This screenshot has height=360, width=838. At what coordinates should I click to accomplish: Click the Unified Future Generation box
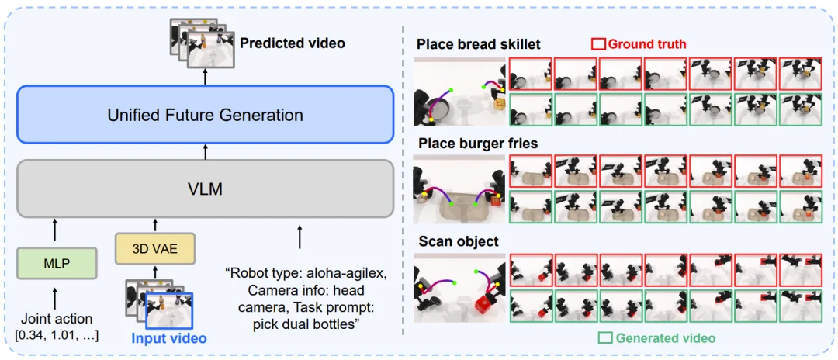click(x=205, y=114)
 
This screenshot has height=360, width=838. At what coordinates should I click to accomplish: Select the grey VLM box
click(x=205, y=189)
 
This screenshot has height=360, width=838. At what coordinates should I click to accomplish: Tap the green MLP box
click(x=57, y=263)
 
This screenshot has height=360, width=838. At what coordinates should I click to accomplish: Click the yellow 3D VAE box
click(x=155, y=248)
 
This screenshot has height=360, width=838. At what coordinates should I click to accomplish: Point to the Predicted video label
click(x=293, y=42)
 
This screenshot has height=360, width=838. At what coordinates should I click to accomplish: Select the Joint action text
click(x=57, y=320)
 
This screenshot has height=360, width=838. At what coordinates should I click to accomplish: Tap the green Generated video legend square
click(x=605, y=337)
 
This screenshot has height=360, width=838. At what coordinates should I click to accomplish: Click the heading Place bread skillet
click(x=479, y=43)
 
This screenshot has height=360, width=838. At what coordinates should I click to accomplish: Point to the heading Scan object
click(x=458, y=241)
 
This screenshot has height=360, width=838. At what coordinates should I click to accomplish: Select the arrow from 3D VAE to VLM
click(x=155, y=225)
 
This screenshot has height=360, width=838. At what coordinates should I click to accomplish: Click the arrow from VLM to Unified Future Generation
click(x=205, y=152)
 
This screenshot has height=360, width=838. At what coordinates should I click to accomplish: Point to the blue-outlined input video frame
click(x=169, y=310)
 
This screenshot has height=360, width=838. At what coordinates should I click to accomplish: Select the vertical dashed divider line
click(x=403, y=180)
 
